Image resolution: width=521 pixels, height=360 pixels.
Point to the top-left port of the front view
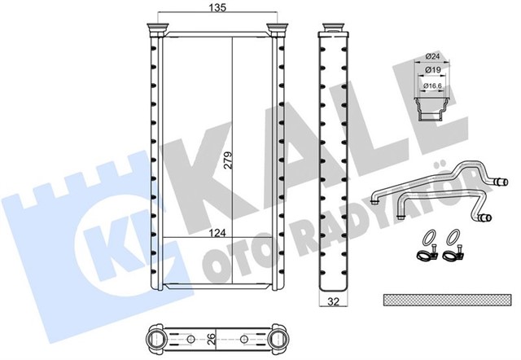coord(157,31)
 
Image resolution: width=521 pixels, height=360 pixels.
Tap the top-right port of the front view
coord(279,31)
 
